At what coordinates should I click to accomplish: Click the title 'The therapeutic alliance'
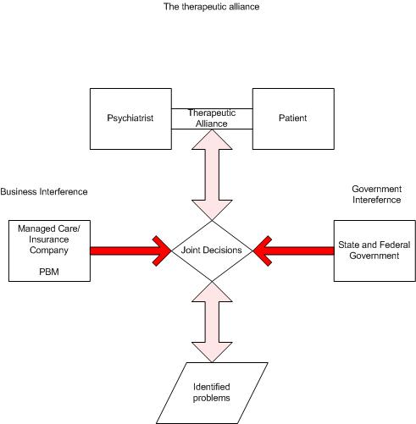click(211, 7)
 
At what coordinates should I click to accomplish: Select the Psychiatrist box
click(130, 135)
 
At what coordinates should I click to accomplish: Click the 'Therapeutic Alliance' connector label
click(211, 118)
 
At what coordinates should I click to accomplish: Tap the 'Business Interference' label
click(43, 192)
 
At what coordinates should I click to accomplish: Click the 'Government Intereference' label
click(374, 194)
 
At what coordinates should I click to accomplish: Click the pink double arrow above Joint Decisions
click(211, 173)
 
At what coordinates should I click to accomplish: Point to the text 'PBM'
click(47, 273)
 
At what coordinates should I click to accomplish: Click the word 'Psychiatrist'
click(130, 118)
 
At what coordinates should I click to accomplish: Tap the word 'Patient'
click(291, 118)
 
